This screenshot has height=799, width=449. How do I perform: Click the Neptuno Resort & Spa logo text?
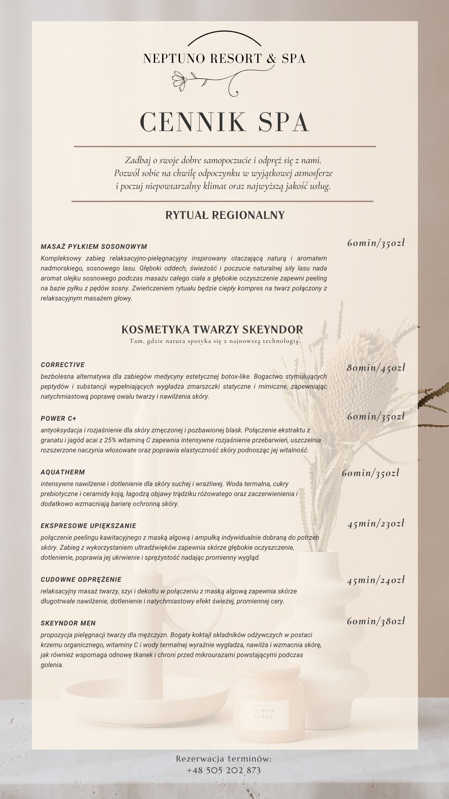coord(224,59)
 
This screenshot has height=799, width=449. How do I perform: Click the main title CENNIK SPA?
coord(224,122)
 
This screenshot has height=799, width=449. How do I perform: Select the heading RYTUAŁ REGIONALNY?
coord(225,215)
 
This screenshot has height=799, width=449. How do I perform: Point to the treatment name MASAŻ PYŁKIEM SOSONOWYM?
coord(94,246)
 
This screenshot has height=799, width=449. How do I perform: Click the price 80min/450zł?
coord(376,367)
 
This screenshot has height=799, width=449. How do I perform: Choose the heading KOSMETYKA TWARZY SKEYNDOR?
coord(212,330)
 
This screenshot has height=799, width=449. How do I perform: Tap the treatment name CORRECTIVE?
coord(63,365)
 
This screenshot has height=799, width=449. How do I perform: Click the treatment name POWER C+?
coord(59,418)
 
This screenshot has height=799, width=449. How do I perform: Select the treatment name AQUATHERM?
coord(63,472)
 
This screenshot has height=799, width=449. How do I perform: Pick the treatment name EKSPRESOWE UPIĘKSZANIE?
coord(89,526)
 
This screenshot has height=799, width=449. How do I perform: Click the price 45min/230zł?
coord(376,524)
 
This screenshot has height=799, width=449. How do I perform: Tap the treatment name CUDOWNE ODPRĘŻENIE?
coord(81,579)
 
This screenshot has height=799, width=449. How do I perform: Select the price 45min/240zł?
coord(376,580)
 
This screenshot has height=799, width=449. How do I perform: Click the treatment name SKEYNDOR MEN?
coord(68,623)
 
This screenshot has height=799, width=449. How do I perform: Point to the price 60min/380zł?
coord(376,621)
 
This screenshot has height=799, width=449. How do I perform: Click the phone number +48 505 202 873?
coord(224,770)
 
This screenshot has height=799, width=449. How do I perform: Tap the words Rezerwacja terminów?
coord(224,759)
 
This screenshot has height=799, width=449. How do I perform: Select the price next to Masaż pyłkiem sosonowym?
coord(376,243)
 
